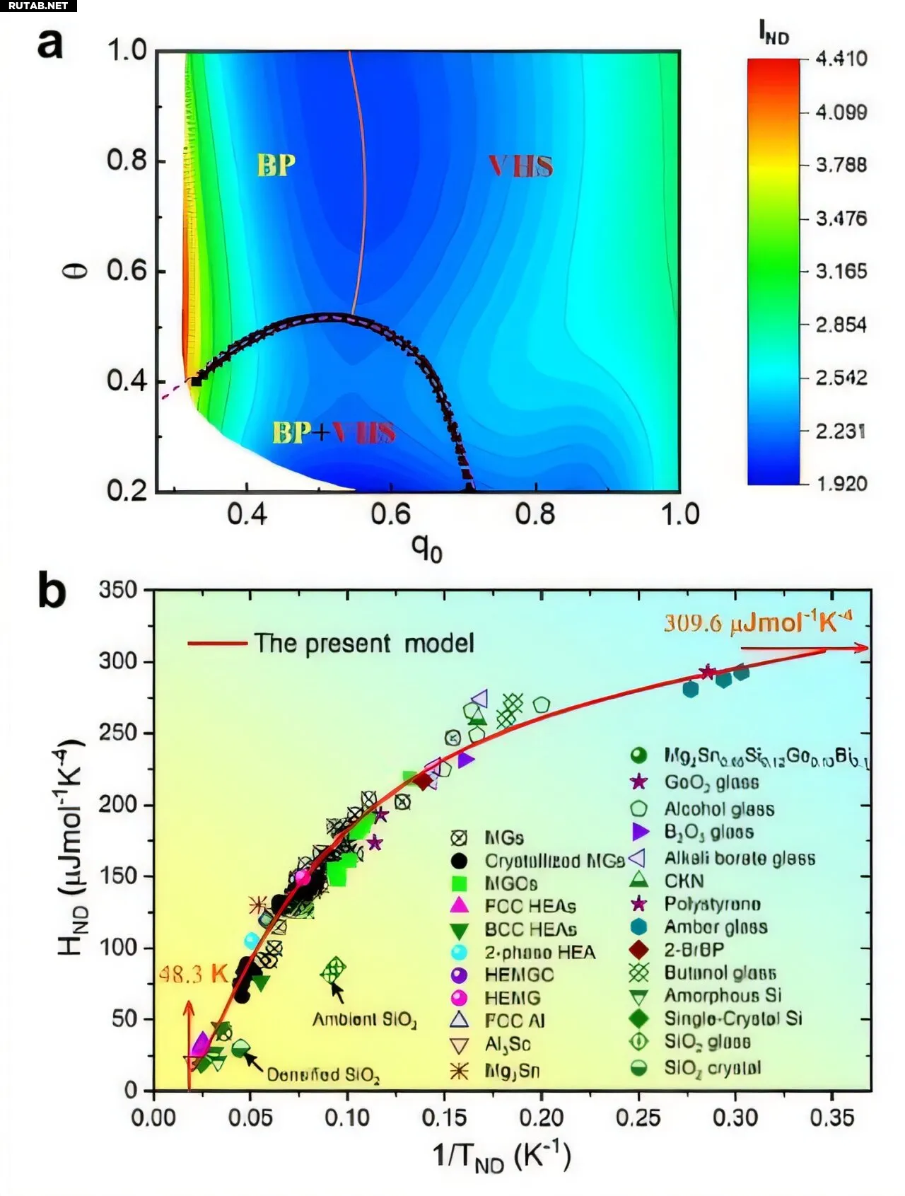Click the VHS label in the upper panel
click(520, 166)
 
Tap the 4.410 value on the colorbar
click(841, 59)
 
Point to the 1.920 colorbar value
click(841, 484)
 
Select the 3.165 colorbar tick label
click(841, 272)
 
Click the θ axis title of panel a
click(79, 270)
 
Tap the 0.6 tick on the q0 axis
click(391, 514)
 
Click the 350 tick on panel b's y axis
click(118, 590)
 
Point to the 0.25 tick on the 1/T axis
click(639, 1117)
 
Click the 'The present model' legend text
click(364, 644)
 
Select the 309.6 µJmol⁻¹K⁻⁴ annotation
click(757, 622)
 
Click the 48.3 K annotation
click(192, 975)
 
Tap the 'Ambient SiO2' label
click(364, 1020)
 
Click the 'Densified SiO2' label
click(323, 1076)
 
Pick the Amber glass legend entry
click(716, 927)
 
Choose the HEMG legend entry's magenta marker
click(460, 998)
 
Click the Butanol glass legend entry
click(720, 973)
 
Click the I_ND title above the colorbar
click(773, 32)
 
